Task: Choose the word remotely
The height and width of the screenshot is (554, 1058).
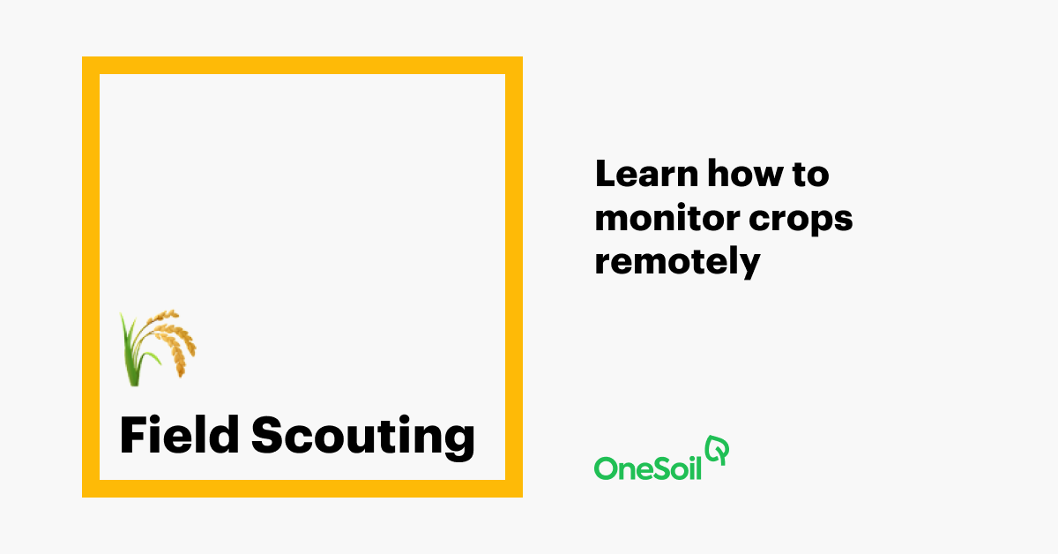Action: click(676, 263)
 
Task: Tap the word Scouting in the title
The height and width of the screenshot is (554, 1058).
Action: click(362, 437)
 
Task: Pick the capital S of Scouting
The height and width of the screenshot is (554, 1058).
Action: click(268, 436)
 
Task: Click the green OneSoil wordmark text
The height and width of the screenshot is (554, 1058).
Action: click(647, 467)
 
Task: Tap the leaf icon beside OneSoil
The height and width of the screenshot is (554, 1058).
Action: click(719, 450)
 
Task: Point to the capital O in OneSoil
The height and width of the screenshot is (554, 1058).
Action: click(606, 468)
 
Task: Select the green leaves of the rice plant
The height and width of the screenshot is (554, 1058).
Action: click(133, 357)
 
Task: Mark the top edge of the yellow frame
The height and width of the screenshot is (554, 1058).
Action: click(302, 65)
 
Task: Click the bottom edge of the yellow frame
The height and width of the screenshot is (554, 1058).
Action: click(302, 489)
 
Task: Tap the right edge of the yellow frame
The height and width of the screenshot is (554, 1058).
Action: click(514, 277)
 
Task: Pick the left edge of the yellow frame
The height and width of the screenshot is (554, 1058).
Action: click(91, 277)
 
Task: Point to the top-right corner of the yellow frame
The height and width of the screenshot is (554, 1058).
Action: click(514, 65)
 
